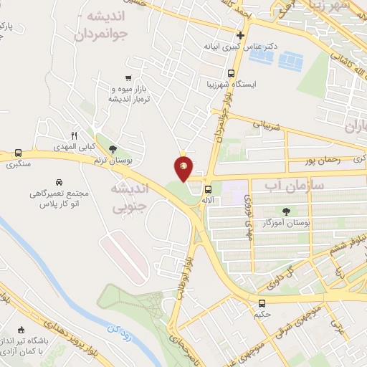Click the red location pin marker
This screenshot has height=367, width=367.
coord(183,168)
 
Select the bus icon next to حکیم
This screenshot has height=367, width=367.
coord(262,303)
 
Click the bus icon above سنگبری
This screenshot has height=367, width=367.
coord(18,153)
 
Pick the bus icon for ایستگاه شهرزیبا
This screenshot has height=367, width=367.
coord(231,74)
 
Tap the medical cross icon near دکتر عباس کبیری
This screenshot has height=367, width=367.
coord(241,35)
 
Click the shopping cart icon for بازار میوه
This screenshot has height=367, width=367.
coord(128,78)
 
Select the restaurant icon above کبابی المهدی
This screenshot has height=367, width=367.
coord(74,135)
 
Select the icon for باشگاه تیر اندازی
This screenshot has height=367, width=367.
coord(20,330)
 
